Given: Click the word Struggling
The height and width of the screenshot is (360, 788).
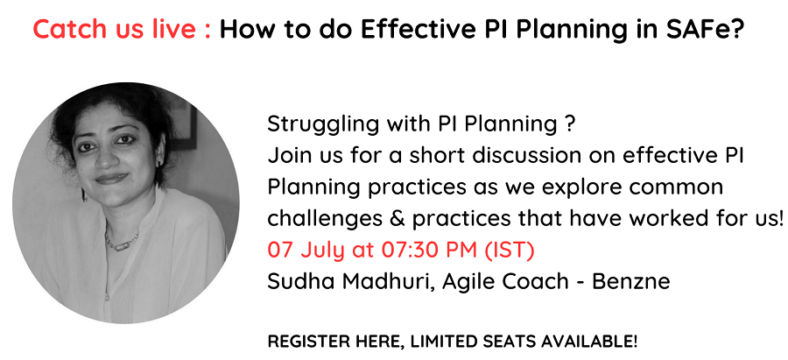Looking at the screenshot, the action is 316,125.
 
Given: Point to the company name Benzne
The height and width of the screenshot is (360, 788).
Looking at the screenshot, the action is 630,281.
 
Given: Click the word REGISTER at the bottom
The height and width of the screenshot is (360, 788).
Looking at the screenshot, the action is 301,342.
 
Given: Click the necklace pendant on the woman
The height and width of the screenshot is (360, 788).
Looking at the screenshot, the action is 121,247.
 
